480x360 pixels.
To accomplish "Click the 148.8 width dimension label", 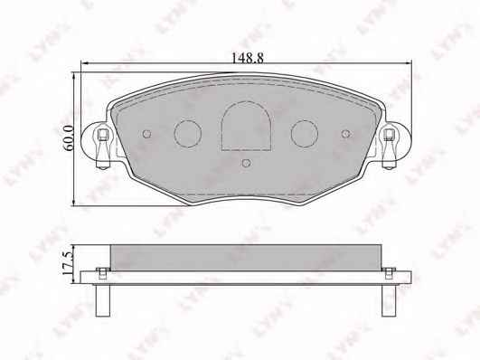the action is pyautogui.click(x=247, y=58).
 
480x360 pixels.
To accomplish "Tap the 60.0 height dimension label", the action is pyautogui.click(x=68, y=137).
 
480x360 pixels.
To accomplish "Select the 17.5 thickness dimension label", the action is pyautogui.click(x=68, y=263).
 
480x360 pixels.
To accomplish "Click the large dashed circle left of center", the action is pyautogui.click(x=188, y=134).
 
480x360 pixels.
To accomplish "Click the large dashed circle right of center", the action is pyautogui.click(x=305, y=134).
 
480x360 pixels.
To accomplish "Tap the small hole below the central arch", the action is pyautogui.click(x=246, y=163).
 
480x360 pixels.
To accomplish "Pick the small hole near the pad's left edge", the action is pyautogui.click(x=147, y=134).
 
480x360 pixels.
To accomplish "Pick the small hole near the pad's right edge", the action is pyautogui.click(x=345, y=134).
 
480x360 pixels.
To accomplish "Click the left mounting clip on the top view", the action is pyautogui.click(x=102, y=148).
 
